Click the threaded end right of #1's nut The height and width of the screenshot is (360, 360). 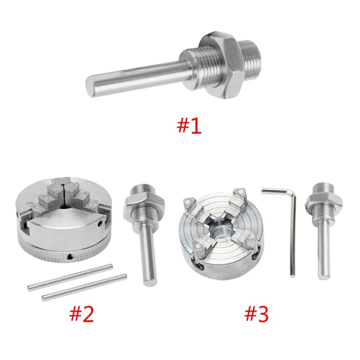252,56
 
